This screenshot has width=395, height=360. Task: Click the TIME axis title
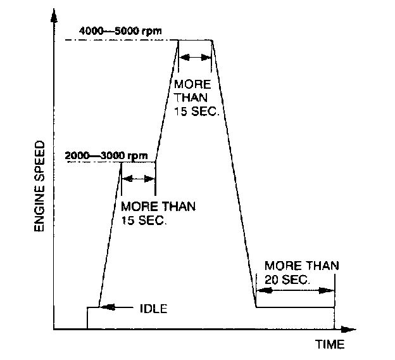pos(330,344)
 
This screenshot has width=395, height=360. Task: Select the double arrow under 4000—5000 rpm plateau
pos(195,58)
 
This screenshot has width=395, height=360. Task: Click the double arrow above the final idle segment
pos(295,290)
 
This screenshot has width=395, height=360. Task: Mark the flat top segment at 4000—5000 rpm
pos(195,40)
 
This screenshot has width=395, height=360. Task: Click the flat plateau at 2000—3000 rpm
pos(137,162)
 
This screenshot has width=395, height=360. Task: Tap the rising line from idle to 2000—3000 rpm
pos(110,235)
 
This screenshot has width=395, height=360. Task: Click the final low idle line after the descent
pos(295,307)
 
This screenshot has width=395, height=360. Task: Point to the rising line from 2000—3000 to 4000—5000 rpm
pos(166,101)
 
